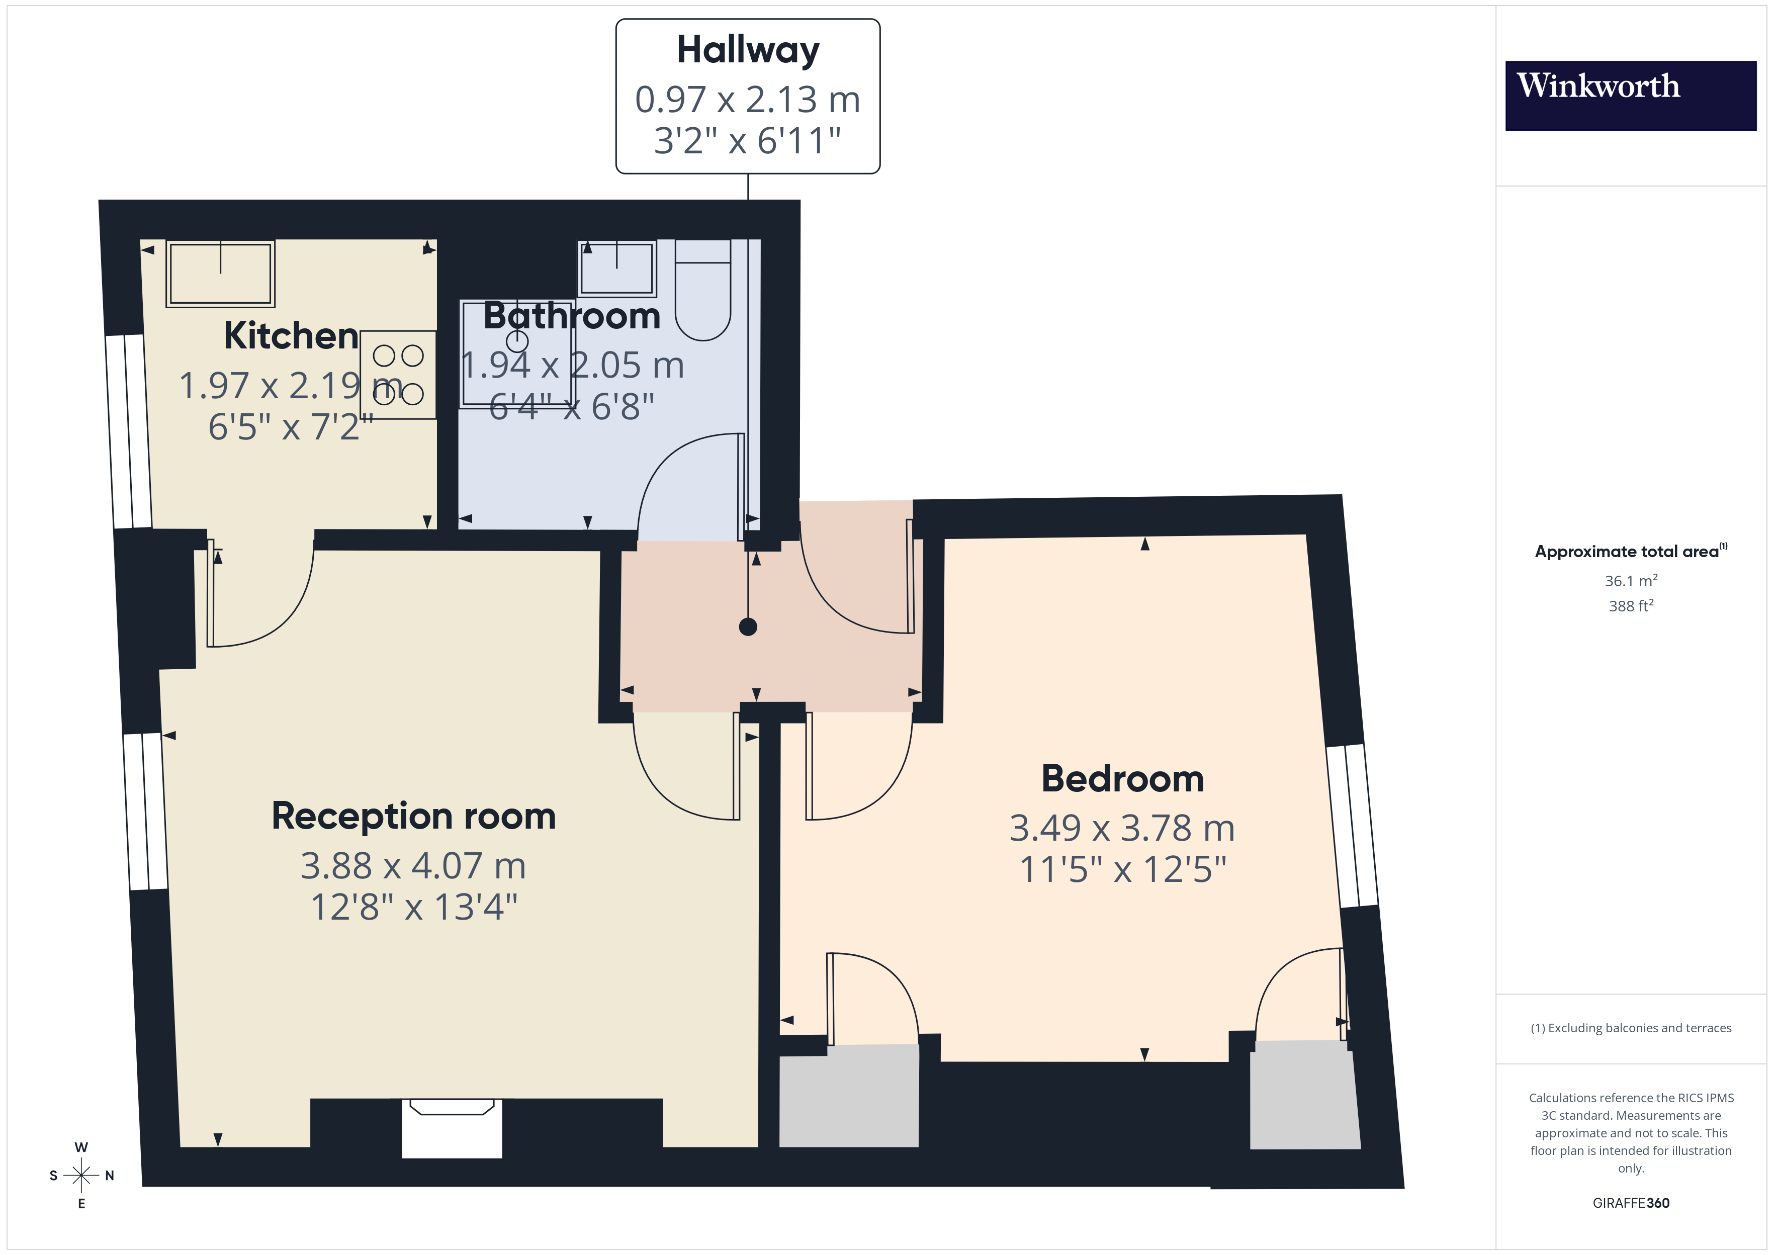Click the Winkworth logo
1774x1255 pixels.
1630,95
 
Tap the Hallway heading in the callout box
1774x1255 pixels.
747,50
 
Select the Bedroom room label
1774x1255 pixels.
1122,778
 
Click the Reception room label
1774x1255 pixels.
413,816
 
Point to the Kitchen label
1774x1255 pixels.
291,335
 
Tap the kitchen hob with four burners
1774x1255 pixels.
398,375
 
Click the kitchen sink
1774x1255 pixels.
220,273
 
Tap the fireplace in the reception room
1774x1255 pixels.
452,1127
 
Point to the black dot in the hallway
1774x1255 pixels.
747,626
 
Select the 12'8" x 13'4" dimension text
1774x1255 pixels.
413,907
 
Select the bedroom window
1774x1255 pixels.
1351,825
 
